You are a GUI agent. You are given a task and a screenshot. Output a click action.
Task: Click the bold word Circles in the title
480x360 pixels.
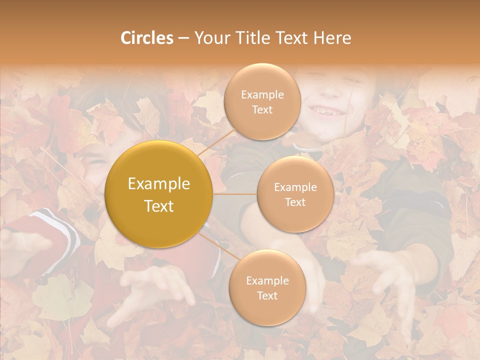pyautogui.click(x=147, y=38)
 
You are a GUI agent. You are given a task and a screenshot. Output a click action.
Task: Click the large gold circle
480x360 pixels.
pyautogui.click(x=158, y=194)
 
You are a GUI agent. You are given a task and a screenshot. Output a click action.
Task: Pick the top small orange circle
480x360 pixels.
pyautogui.click(x=262, y=101)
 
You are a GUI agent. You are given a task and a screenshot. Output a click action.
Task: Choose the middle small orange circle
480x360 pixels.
pyautogui.click(x=295, y=194)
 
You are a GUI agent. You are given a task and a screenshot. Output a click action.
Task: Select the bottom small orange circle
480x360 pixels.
pyautogui.click(x=267, y=287)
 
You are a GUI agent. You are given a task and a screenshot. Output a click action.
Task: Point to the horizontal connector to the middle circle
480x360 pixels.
pyautogui.click(x=235, y=194)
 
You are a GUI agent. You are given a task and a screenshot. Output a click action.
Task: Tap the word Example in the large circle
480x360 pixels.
pyautogui.click(x=159, y=184)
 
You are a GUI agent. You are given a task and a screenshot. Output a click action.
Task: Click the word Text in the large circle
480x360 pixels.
pyautogui.click(x=159, y=206)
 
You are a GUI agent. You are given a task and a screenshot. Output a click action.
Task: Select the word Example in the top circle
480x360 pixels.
pyautogui.click(x=262, y=94)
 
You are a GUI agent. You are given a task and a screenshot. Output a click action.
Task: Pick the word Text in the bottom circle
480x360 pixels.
pyautogui.click(x=267, y=295)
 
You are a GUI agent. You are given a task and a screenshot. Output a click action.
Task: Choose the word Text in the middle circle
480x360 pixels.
pyautogui.click(x=295, y=202)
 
